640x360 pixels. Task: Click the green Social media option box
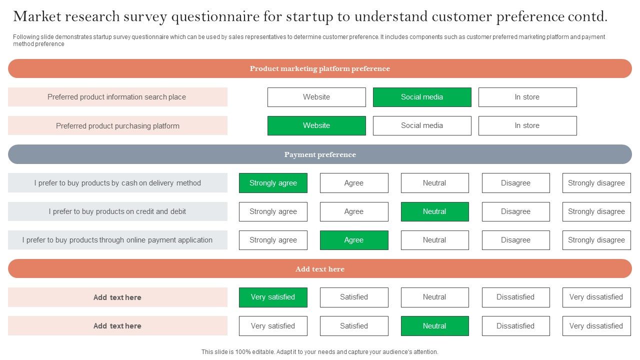[x=422, y=97]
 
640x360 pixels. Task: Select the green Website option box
[x=316, y=125]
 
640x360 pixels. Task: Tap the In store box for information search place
[x=527, y=97]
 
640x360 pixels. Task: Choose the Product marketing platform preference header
[x=320, y=68]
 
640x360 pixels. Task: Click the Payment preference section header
[x=320, y=154]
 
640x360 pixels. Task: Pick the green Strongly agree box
[x=273, y=183]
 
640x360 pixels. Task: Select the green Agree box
[x=354, y=240]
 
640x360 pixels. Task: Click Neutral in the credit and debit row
[x=434, y=211]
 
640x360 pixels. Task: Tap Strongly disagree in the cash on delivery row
[x=596, y=183]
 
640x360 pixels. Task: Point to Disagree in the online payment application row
[x=515, y=240]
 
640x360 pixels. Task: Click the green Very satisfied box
[x=273, y=297]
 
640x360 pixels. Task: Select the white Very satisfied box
[x=273, y=326]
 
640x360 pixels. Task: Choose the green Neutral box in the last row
[x=434, y=326]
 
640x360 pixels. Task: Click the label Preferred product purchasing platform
[x=117, y=126]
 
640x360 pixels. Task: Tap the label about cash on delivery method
[x=117, y=183]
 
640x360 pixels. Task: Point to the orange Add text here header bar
[x=320, y=269]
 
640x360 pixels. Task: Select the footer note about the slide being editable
[x=320, y=352]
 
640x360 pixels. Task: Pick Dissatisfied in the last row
[x=515, y=326]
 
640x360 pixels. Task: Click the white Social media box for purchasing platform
[x=422, y=125]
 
